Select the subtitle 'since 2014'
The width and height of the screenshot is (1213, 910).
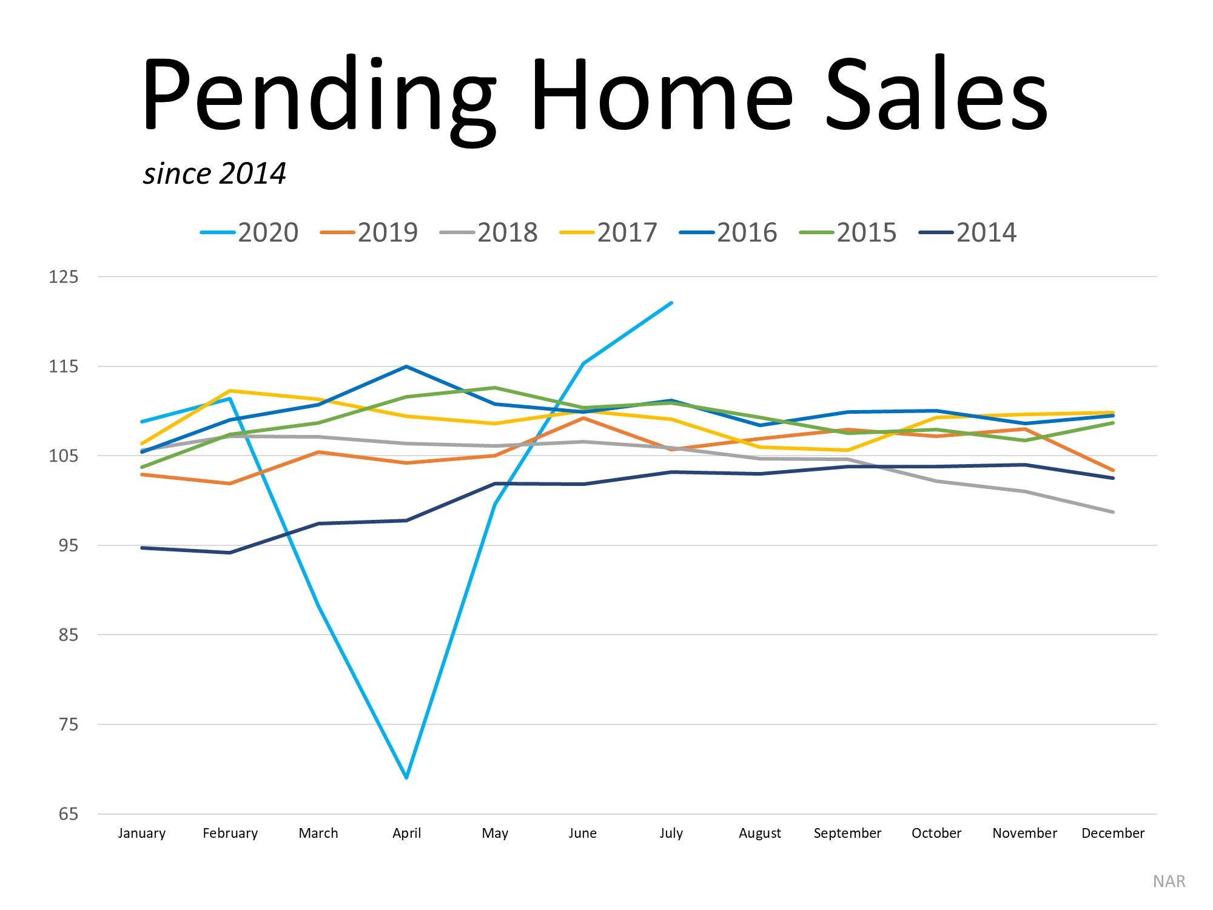point(214,174)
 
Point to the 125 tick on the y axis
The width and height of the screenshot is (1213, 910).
point(64,277)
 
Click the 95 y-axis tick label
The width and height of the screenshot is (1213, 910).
point(68,545)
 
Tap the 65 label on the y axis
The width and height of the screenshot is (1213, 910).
point(68,814)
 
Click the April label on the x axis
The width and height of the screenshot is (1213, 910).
point(406,834)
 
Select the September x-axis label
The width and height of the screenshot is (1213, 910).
point(847,834)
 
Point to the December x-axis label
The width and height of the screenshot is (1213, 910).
point(1113,834)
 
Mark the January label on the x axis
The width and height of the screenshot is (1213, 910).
point(141,834)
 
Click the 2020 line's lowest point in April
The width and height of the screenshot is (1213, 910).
point(406,777)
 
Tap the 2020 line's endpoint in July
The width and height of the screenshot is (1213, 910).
point(671,303)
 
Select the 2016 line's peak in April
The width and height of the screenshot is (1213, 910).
point(406,366)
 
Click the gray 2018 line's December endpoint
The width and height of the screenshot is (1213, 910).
point(1113,512)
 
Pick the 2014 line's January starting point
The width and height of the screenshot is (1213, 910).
point(142,548)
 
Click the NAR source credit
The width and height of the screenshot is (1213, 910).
point(1169,881)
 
